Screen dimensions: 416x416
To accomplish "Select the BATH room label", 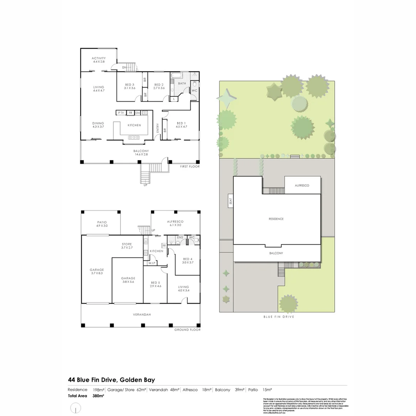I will (182, 83).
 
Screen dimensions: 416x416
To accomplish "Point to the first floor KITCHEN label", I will (134, 125).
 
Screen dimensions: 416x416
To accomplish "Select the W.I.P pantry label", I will (151, 263).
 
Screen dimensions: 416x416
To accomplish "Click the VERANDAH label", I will (142, 315).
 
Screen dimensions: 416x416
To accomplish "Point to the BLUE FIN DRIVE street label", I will (278, 317).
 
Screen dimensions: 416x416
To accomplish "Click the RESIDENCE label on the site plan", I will (276, 219).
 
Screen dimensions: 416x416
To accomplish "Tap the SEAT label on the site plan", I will (230, 201).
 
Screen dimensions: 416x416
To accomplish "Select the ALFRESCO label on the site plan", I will (302, 185).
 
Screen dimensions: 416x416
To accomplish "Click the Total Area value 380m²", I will (99, 396).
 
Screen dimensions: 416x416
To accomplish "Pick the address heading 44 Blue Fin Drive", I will (111, 380).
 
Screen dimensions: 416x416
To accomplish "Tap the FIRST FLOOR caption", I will (190, 166).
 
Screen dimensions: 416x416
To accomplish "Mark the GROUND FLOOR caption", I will (187, 330).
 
